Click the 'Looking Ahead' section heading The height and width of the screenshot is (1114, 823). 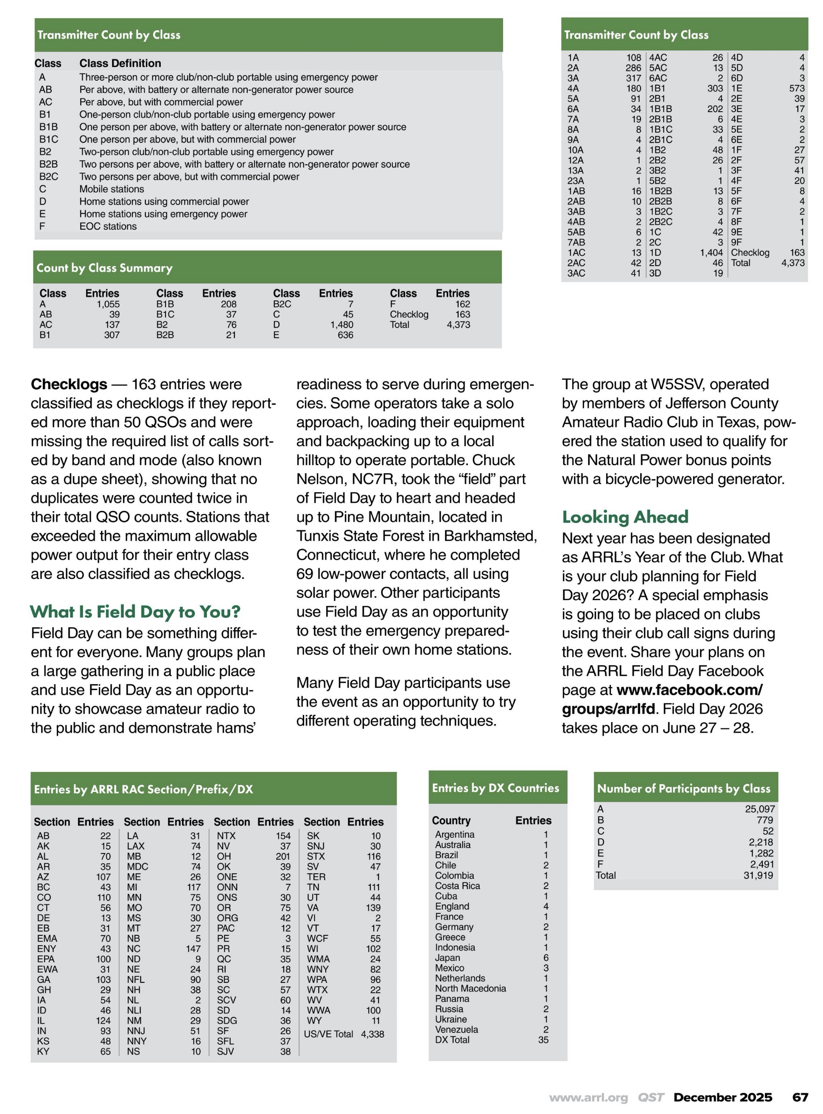click(625, 516)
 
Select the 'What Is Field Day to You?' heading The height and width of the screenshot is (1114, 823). click(135, 611)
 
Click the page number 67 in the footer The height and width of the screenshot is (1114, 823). click(800, 1097)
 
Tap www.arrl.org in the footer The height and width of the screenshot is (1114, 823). click(588, 1097)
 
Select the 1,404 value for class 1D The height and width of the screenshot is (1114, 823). click(711, 253)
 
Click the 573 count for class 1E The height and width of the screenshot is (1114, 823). click(797, 88)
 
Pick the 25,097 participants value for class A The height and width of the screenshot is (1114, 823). click(759, 809)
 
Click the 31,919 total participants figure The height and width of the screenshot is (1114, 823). click(758, 875)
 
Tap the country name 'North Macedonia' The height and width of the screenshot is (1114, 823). click(470, 988)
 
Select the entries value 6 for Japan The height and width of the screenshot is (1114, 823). click(546, 957)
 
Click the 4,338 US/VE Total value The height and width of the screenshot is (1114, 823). click(372, 1034)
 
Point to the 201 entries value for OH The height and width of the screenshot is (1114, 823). click(283, 856)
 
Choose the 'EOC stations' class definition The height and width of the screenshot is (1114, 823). click(108, 226)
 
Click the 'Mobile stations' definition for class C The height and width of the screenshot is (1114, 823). click(112, 189)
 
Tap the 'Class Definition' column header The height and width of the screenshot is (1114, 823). click(120, 63)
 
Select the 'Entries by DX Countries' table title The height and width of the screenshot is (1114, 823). click(495, 788)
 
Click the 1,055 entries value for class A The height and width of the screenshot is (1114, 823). click(108, 304)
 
